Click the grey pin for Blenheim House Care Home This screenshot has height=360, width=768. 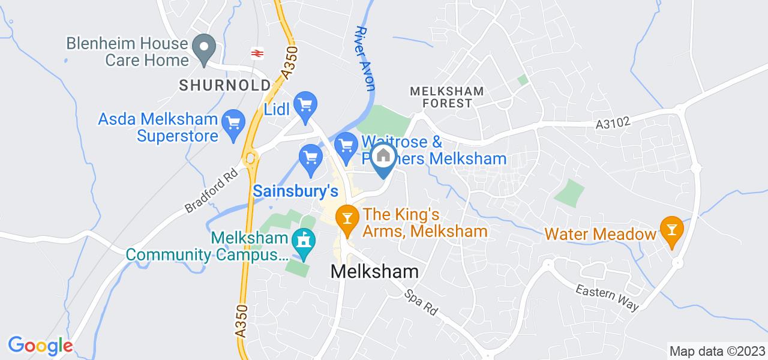coord(204,46)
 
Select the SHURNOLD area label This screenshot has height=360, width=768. coord(224,86)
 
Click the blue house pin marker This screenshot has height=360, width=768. coord(383,157)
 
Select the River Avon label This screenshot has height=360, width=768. coord(365,58)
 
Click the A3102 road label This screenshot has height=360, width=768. coord(613,123)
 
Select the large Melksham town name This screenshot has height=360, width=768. coord(374,271)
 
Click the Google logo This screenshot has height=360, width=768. coord(40,346)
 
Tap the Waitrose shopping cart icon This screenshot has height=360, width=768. coord(346,145)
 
